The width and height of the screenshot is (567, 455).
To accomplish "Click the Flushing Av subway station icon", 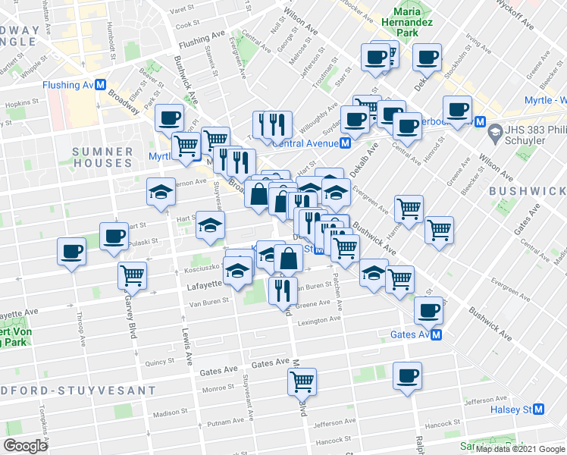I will [x=99, y=85].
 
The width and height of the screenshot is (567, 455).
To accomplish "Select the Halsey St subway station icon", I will [x=539, y=409].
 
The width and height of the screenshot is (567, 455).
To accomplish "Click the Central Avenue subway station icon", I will [x=345, y=142].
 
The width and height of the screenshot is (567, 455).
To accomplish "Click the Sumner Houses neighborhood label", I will [x=102, y=157].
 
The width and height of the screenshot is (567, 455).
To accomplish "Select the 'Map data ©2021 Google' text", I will [x=520, y=449].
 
